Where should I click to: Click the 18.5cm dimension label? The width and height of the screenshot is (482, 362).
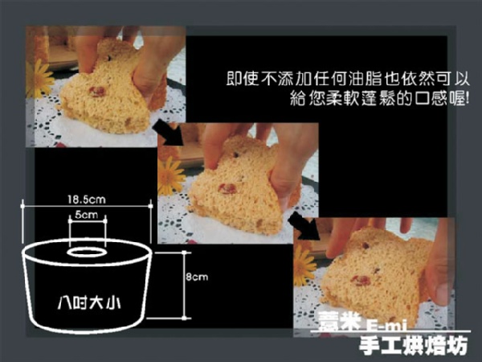pyautogui.click(x=87, y=200)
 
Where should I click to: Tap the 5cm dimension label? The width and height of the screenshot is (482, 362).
pyautogui.click(x=87, y=215)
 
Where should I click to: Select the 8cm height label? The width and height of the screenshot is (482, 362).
pyautogui.click(x=197, y=277)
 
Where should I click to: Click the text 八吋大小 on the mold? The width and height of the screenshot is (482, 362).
pyautogui.click(x=89, y=303)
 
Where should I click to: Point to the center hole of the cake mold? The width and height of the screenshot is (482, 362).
pyautogui.click(x=87, y=253)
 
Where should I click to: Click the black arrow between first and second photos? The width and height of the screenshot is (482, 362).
pyautogui.click(x=168, y=133)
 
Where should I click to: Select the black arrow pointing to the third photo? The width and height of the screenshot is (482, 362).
pyautogui.click(x=304, y=226)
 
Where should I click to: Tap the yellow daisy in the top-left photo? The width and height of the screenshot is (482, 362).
pyautogui.click(x=39, y=79)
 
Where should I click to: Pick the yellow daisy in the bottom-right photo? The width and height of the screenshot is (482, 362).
pyautogui.click(x=304, y=266)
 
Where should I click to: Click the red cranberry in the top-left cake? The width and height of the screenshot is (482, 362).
pyautogui.click(x=97, y=92)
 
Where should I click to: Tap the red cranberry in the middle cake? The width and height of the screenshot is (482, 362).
pyautogui.click(x=227, y=188)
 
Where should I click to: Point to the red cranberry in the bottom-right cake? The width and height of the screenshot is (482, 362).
pyautogui.click(x=361, y=281)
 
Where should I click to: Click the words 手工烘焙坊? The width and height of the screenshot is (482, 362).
pyautogui.click(x=414, y=345)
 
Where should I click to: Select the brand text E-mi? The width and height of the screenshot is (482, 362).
pyautogui.click(x=386, y=325)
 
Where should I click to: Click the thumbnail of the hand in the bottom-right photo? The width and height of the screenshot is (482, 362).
pyautogui.click(x=440, y=290)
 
